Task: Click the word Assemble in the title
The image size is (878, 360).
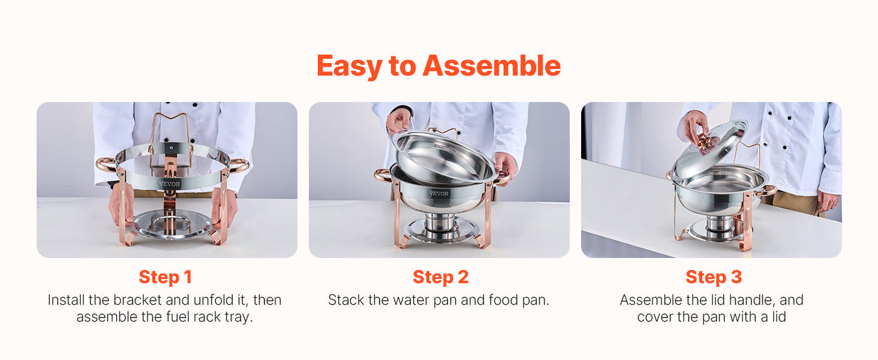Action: coord(492,66)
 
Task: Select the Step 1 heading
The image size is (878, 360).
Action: coord(166,277)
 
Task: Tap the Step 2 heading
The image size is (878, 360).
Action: coord(440,277)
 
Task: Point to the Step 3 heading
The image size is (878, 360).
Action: coord(713,277)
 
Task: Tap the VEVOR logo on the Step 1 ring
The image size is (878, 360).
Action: coord(169,184)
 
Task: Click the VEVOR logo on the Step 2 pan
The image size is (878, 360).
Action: coord(438,194)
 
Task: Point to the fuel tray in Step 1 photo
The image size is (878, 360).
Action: coord(170,223)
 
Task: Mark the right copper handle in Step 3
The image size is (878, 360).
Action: coord(767,191)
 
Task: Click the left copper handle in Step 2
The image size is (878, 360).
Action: coord(381,175)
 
